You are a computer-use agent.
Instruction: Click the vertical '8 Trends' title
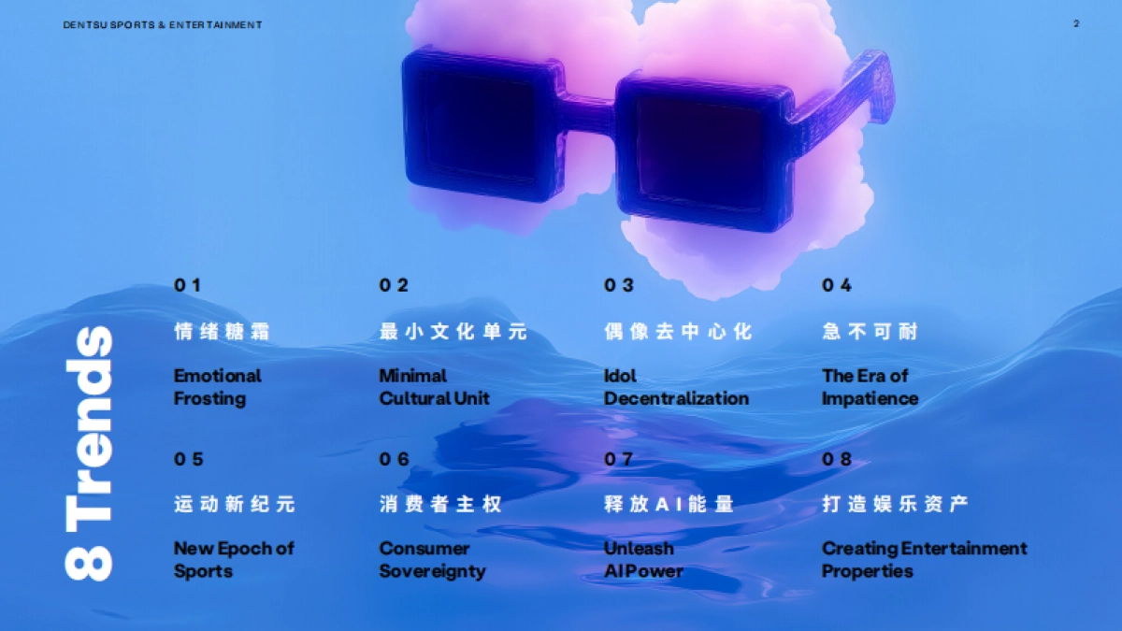[89, 453]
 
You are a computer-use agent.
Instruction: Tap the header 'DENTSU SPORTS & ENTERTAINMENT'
[163, 24]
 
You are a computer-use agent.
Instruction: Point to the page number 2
[1076, 23]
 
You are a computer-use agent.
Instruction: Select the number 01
[187, 285]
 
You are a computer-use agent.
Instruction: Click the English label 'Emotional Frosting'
[217, 387]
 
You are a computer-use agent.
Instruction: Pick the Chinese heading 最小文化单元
[453, 332]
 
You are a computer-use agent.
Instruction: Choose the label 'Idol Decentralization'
[676, 387]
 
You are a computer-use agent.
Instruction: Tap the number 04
[837, 285]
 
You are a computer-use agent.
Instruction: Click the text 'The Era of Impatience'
[870, 387]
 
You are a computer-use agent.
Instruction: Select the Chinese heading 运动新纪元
[234, 505]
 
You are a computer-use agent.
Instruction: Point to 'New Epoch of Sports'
[234, 559]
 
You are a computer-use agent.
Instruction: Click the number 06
[395, 459]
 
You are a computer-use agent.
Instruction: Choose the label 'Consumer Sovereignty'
[432, 559]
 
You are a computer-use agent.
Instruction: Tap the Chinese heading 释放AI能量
[669, 505]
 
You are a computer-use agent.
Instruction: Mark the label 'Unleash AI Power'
[643, 559]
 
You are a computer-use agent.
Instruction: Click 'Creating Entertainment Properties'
[924, 559]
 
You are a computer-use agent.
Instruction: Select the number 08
[837, 459]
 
